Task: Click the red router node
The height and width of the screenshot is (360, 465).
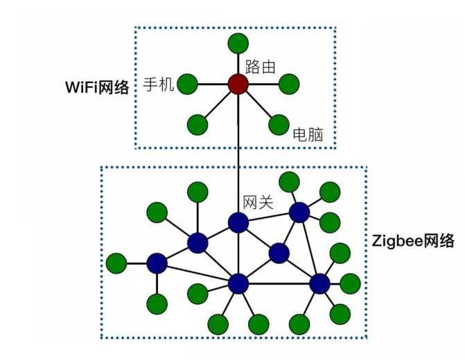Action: tap(238, 84)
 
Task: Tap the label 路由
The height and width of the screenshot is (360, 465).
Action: tap(261, 67)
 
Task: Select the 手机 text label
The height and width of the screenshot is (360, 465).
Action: tap(159, 84)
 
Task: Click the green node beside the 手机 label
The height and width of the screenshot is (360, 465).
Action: tap(188, 84)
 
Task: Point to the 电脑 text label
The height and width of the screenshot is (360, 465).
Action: tap(308, 134)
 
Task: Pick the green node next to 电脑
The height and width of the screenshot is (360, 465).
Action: tap(279, 125)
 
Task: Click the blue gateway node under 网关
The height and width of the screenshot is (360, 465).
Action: tap(238, 222)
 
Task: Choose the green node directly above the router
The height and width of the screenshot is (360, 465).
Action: tap(238, 44)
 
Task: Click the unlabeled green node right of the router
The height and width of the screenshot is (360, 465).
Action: tap(289, 84)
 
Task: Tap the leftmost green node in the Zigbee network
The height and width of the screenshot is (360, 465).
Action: tap(116, 263)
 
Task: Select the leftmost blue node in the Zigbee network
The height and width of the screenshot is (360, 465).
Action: tap(157, 263)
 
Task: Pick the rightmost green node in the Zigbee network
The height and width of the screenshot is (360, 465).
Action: tap(350, 282)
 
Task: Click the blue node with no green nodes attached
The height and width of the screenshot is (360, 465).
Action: tap(279, 253)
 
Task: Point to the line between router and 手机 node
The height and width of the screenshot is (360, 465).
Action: tap(213, 84)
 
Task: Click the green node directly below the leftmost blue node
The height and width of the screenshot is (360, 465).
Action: tap(157, 303)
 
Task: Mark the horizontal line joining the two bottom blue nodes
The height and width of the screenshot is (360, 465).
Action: tap(279, 283)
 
